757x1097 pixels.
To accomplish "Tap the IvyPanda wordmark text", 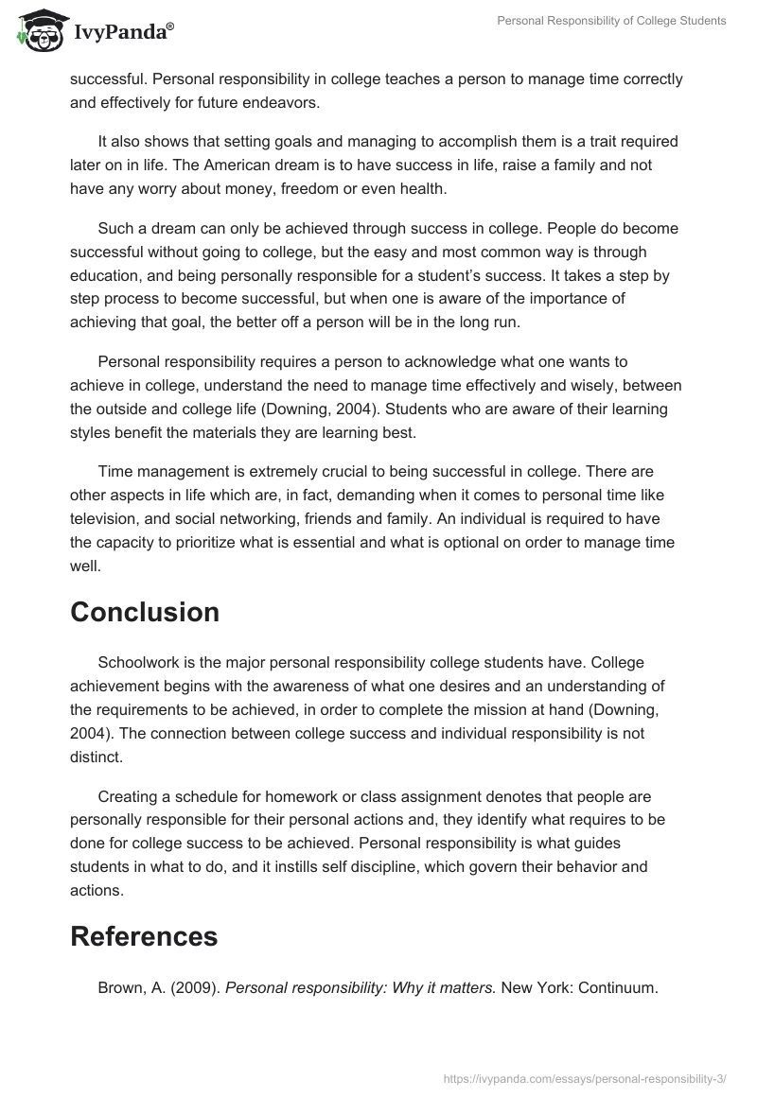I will point(122,32).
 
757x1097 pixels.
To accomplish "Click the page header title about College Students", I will point(611,21).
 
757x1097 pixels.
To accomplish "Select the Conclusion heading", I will point(145,612).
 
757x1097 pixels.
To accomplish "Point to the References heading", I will point(144,936).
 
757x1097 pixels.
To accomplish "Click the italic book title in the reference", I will point(360,988).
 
